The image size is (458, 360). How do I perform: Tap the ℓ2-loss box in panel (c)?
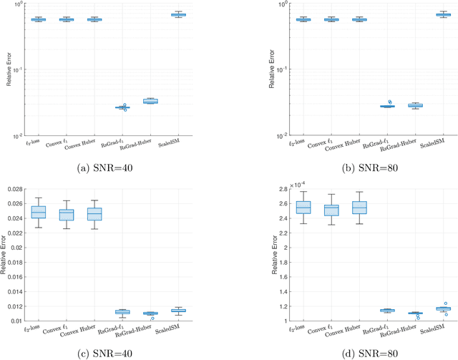coord(38,213)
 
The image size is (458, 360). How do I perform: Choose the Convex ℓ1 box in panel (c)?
coord(66,214)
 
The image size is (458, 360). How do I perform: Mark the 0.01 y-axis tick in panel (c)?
coord(14,321)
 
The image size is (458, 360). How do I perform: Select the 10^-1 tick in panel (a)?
coord(14,69)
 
